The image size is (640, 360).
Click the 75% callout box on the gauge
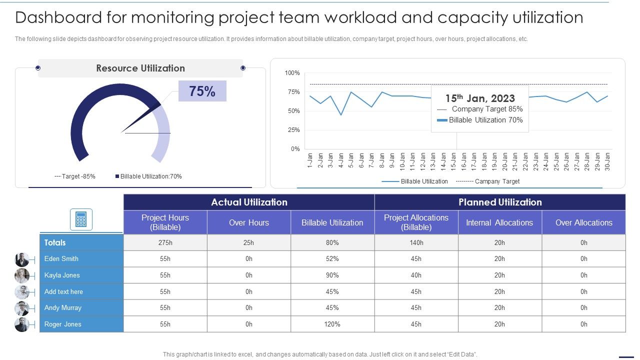pyautogui.click(x=202, y=91)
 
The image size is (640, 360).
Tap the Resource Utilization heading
pyautogui.click(x=140, y=68)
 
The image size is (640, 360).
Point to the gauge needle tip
pyautogui.click(x=160, y=105)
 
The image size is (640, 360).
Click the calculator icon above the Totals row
pyautogui.click(x=81, y=219)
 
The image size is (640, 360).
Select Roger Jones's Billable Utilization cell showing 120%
pyautogui.click(x=332, y=324)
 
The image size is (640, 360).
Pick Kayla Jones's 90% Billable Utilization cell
pyautogui.click(x=332, y=275)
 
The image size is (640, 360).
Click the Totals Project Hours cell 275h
pyautogui.click(x=165, y=242)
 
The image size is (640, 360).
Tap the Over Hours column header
pyautogui.click(x=248, y=222)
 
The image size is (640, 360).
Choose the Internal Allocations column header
pyautogui.click(x=499, y=222)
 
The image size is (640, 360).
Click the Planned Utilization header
pyautogui.click(x=500, y=202)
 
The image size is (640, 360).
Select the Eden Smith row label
pyautogui.click(x=61, y=258)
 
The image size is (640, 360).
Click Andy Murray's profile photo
pyautogui.click(x=22, y=308)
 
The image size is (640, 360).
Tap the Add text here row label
pyautogui.click(x=63, y=291)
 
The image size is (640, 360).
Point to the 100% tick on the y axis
pyautogui.click(x=292, y=73)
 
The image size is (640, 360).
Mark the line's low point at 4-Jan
pyautogui.click(x=341, y=115)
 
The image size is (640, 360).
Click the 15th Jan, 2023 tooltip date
pyautogui.click(x=480, y=98)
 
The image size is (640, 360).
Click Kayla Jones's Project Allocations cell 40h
pyautogui.click(x=416, y=275)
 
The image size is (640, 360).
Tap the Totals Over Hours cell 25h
pyautogui.click(x=248, y=242)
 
